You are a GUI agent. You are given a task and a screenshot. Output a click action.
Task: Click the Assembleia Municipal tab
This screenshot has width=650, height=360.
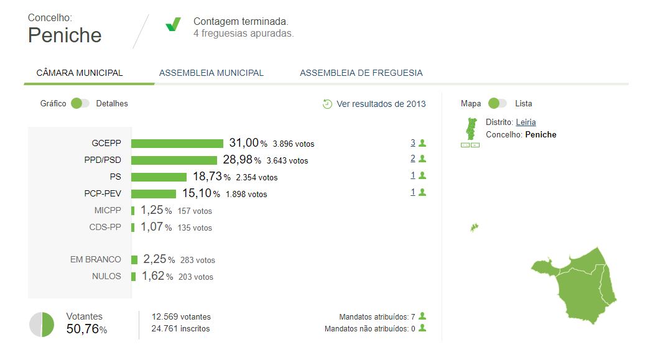click(211, 73)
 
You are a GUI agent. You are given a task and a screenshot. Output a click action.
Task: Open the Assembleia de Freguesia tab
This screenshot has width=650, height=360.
click(361, 73)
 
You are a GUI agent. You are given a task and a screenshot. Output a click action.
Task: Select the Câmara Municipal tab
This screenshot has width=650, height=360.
click(80, 73)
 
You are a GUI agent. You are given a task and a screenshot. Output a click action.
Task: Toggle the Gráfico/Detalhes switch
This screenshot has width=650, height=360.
click(80, 103)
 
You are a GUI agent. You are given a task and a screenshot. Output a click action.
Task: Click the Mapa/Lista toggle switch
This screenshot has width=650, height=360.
click(498, 103)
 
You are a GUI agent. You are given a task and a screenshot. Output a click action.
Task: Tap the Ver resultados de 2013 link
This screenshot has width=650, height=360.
click(381, 104)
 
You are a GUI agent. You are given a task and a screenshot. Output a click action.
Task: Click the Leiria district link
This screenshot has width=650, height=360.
click(526, 122)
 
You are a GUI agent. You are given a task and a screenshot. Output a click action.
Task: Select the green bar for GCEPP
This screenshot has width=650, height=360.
click(177, 144)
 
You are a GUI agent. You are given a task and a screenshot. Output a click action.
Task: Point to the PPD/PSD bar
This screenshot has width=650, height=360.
click(174, 160)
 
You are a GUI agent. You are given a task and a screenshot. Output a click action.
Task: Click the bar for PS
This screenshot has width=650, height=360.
click(159, 177)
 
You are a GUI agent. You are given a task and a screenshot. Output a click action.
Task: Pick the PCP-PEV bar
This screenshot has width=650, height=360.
click(153, 194)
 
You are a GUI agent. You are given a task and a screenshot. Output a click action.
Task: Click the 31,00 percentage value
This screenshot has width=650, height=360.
click(244, 143)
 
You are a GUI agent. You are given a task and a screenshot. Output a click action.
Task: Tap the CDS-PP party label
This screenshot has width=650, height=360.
click(105, 228)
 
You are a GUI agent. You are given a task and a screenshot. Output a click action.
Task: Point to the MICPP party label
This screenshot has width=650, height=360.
click(108, 211)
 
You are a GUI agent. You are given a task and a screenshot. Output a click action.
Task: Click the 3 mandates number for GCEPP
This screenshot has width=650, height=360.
click(412, 142)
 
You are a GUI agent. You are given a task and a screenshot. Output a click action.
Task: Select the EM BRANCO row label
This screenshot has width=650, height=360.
click(96, 260)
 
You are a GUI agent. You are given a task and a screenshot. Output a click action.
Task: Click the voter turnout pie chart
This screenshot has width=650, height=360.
click(42, 325)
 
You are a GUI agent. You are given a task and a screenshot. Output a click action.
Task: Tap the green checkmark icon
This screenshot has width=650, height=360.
click(173, 25)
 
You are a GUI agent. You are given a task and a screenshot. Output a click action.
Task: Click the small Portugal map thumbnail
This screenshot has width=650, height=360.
click(471, 129)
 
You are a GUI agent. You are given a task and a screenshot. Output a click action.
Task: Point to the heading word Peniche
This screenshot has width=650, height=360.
click(65, 35)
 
